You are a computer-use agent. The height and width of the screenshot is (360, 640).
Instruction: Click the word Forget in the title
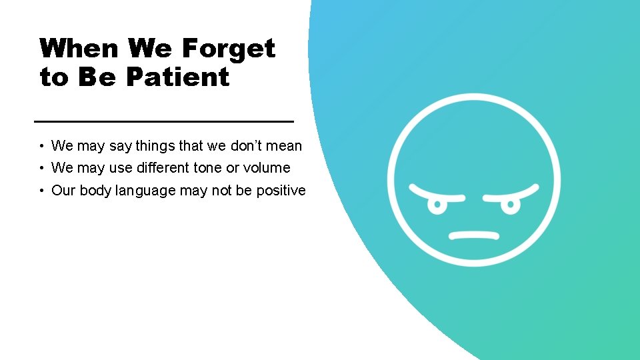229,49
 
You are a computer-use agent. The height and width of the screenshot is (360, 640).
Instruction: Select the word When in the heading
79,49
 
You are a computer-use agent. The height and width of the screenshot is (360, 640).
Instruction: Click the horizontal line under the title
163,121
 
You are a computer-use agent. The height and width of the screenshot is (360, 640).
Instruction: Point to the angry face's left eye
438,205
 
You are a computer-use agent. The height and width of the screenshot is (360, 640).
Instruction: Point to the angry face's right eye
509,205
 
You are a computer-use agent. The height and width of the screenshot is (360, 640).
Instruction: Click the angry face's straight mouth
474,235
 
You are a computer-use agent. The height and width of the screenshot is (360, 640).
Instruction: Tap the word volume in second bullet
267,168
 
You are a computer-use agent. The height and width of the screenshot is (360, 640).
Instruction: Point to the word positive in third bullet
281,191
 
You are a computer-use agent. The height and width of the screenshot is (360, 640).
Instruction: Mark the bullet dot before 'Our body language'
42,191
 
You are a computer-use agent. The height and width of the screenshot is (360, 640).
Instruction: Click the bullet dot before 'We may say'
42,146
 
